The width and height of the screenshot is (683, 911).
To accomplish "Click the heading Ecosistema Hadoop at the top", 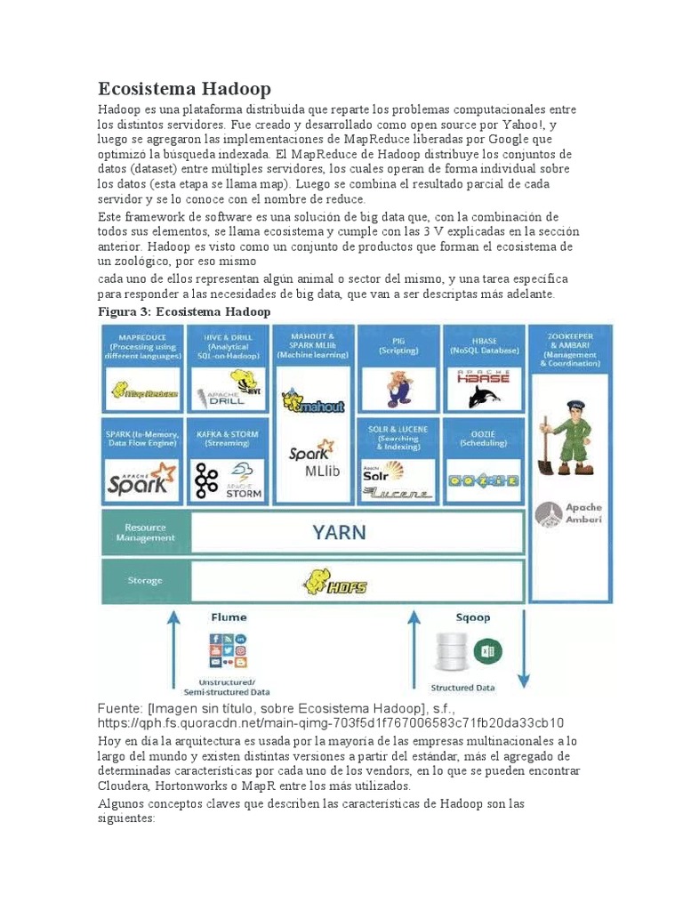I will coord(184,89).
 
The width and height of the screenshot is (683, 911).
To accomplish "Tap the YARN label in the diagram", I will coord(339,532).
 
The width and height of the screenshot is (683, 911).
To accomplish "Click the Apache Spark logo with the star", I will coord(142,480).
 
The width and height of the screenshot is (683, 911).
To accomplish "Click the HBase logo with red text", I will coord(484,375).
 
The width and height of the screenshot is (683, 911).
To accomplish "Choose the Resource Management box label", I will coord(145,533).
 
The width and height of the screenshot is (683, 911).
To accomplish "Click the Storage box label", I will coord(145,581).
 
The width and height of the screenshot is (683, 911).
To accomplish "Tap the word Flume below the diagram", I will coord(229,617).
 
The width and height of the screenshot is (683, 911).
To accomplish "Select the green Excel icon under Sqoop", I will coord(486,651).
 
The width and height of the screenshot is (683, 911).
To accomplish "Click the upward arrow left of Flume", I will coord(173,649).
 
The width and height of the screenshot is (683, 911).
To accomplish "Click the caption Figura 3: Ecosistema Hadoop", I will coord(183,312).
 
